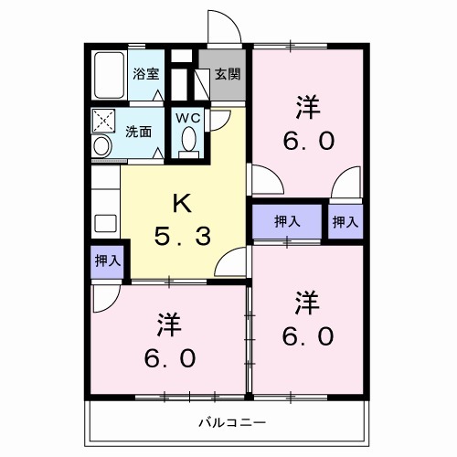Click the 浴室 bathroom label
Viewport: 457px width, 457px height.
(x=145, y=73)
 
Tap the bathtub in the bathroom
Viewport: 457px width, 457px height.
(x=109, y=75)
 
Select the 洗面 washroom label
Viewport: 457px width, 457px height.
(x=139, y=131)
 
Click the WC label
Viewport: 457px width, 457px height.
(x=190, y=118)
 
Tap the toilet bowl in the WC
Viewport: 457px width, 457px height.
(x=190, y=139)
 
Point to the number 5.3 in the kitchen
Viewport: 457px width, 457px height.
(x=182, y=236)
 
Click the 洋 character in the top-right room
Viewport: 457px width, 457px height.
(x=305, y=106)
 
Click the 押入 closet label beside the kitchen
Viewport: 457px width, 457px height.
(x=108, y=260)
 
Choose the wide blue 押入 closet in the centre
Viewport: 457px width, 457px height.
(x=286, y=220)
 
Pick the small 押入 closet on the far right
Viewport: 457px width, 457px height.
(x=345, y=220)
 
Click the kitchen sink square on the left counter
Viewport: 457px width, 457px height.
(x=104, y=222)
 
